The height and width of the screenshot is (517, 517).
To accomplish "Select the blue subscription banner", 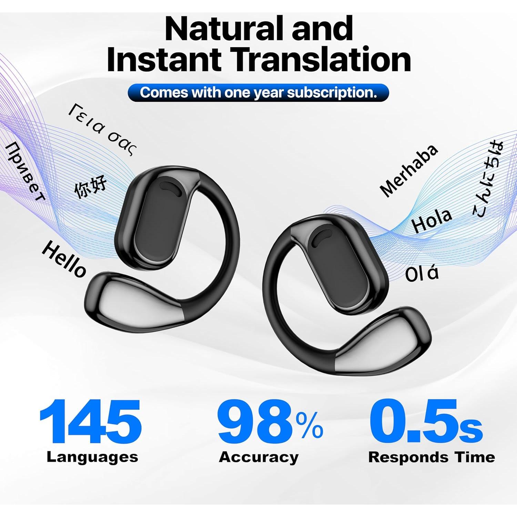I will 258,92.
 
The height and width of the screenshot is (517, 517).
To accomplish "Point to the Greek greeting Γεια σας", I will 102,130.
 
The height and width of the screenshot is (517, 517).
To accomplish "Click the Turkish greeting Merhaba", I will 409,170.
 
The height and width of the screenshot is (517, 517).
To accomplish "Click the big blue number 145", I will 91,422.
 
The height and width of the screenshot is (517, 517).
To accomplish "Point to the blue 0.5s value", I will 425,422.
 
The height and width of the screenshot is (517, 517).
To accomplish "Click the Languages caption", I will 92,457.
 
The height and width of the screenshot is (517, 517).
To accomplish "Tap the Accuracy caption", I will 259,457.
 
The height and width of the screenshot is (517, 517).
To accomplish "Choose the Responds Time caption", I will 432,457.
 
